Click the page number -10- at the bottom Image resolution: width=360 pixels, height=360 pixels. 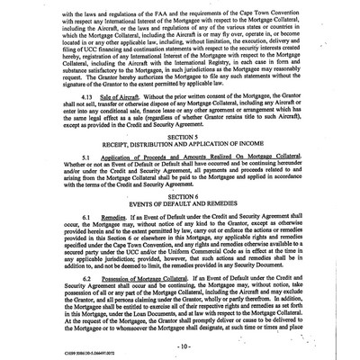tap(182, 345)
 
